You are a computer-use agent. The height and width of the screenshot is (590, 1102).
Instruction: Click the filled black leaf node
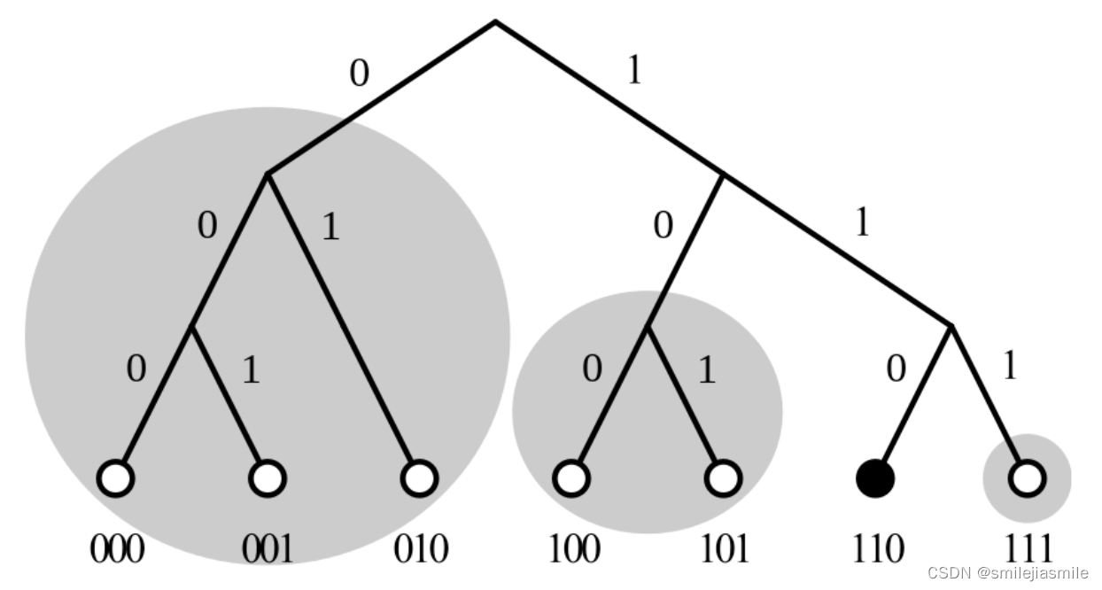point(875,478)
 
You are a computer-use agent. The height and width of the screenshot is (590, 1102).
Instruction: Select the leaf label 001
point(268,549)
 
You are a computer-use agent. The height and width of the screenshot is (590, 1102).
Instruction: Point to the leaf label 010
point(420,549)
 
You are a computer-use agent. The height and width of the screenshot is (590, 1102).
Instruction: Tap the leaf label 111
point(1028,549)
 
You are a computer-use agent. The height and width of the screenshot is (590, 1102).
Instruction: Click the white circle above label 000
point(116,478)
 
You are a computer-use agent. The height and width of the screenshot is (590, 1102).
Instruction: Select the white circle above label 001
point(268,478)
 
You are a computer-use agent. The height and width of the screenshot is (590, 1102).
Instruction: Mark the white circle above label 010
point(419,478)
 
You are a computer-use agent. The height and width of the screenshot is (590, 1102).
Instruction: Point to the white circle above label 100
point(571,478)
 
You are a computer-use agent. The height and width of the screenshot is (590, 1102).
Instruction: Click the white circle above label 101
point(723,478)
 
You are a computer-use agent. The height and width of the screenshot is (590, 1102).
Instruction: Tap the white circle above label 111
point(1028,478)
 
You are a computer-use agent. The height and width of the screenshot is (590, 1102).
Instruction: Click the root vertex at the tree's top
point(495,21)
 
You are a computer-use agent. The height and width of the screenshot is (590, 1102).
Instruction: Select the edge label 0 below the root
point(358,74)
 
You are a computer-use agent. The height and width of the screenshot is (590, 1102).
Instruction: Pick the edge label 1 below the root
point(634,71)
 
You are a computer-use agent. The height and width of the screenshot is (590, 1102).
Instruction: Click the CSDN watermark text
point(1008,572)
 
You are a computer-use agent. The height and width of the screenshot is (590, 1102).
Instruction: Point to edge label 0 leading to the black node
point(896,368)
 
